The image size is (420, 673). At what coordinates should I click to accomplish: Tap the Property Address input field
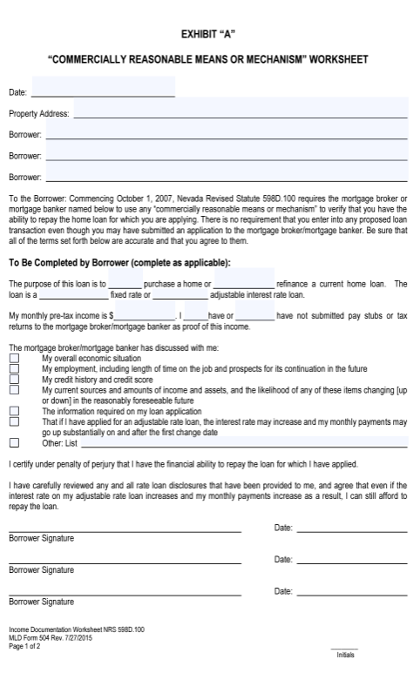(240, 113)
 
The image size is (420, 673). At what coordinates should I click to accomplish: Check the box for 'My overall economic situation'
(14, 358)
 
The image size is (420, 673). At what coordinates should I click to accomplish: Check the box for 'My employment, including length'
(14, 368)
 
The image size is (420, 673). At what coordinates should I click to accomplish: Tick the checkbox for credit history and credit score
(14, 380)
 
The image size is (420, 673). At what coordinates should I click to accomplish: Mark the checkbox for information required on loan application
(14, 411)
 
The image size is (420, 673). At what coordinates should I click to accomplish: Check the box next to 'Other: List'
(14, 442)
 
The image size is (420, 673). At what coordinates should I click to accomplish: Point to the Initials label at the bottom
(346, 655)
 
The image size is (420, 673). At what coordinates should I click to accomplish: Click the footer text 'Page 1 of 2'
(24, 647)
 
